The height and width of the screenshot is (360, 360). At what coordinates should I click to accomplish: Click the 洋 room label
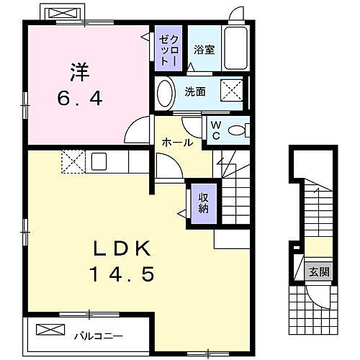click(x=78, y=72)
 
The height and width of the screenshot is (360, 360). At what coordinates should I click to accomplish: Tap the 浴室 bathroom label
click(x=204, y=50)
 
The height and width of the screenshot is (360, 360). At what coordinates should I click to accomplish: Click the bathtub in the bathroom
click(x=235, y=48)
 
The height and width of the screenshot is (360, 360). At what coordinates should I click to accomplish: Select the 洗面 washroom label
click(x=194, y=91)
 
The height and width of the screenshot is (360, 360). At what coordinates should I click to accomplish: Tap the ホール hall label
click(x=176, y=143)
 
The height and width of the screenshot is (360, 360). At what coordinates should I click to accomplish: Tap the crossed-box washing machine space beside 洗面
click(x=231, y=92)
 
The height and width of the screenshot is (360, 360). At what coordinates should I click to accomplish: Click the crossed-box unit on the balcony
click(x=50, y=330)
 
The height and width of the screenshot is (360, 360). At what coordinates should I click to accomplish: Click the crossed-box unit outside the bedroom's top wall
click(x=60, y=14)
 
